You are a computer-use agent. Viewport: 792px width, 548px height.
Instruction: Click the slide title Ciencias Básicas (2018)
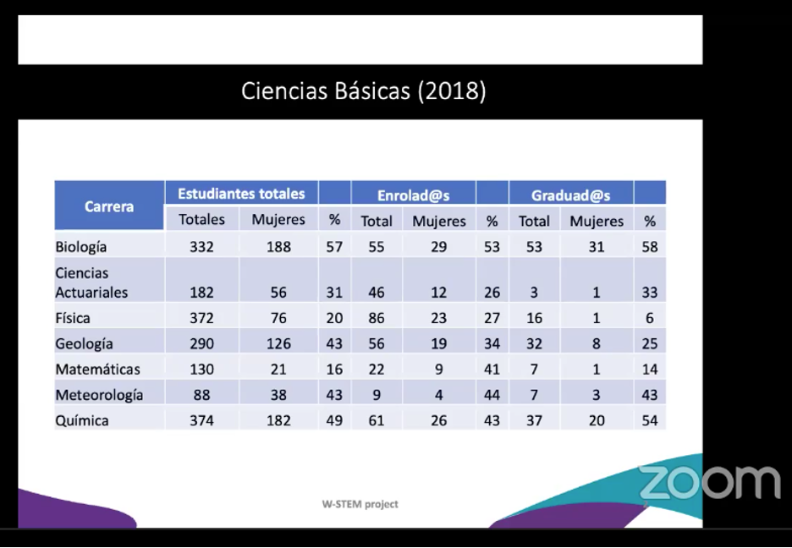[363, 91]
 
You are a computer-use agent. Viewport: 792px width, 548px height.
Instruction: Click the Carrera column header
[109, 205]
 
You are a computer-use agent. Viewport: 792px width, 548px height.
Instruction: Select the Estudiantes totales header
[241, 194]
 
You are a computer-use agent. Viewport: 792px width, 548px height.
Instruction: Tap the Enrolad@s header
[413, 195]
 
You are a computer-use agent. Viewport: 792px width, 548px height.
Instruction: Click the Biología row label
[81, 247]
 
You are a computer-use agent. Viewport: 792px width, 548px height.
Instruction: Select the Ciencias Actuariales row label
[91, 283]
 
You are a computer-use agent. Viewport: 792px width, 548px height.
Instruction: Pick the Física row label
[73, 318]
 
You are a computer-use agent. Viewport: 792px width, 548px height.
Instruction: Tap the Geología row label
[84, 343]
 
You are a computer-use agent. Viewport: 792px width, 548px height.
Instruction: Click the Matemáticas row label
[97, 369]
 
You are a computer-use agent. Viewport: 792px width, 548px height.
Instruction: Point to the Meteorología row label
[99, 395]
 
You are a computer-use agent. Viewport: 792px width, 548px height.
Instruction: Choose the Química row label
[82, 420]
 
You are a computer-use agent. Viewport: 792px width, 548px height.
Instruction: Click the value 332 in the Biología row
[202, 247]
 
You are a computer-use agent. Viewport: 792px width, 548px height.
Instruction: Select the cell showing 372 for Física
[202, 318]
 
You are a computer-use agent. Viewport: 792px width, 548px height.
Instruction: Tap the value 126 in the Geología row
[278, 343]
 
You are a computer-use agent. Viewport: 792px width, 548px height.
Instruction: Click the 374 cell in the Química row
[202, 420]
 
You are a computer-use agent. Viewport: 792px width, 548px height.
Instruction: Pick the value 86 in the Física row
[377, 318]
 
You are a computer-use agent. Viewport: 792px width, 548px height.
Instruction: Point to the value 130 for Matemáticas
[202, 369]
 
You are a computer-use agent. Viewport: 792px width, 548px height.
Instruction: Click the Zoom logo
[709, 482]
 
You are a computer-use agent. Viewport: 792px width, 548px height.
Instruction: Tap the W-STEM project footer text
[360, 504]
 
